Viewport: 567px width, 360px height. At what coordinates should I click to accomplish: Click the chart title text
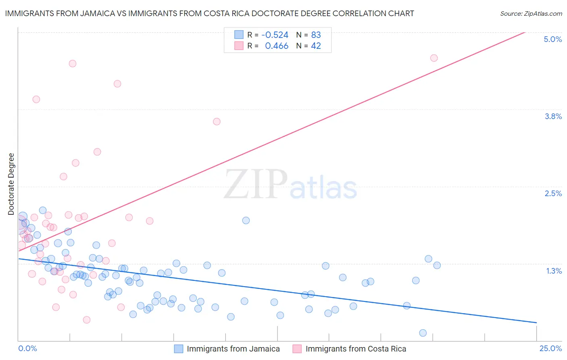[x=209, y=13]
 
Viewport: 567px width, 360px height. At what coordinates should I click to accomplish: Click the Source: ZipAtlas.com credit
[x=531, y=13]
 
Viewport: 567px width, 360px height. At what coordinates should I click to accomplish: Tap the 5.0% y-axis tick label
[x=552, y=39]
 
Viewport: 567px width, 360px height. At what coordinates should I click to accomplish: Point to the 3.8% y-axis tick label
[x=553, y=116]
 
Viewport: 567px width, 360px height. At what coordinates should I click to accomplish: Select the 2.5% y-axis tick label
[x=553, y=193]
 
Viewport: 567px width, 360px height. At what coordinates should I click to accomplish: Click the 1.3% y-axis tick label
[x=554, y=271]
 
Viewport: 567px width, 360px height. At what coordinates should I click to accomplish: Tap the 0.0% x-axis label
[x=27, y=348]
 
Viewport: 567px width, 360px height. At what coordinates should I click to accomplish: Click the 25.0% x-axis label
[x=550, y=348]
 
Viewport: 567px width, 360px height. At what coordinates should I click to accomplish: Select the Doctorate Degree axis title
[x=11, y=184]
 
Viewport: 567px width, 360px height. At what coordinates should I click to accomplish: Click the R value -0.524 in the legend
[x=275, y=35]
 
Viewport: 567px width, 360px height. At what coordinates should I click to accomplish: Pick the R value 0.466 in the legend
[x=277, y=46]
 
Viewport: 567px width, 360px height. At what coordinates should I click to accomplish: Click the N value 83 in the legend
[x=316, y=35]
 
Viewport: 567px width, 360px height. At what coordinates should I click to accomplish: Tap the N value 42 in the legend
[x=316, y=46]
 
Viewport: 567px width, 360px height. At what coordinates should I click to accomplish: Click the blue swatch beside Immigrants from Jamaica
[x=178, y=349]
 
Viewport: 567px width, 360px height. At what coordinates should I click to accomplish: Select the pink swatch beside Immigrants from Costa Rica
[x=297, y=349]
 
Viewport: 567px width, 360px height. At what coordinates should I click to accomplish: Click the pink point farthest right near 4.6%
[x=434, y=58]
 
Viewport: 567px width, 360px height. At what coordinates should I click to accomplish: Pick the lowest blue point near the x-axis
[x=423, y=333]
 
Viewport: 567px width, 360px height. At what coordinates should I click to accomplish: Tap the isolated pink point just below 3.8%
[x=217, y=121]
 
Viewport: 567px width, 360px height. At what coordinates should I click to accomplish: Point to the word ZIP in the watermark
[x=256, y=184]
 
